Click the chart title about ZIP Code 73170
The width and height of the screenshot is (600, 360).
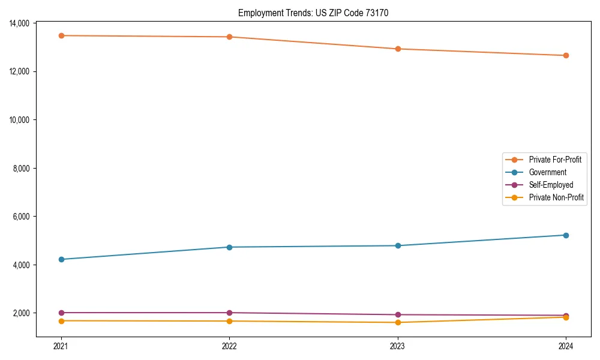[313, 13]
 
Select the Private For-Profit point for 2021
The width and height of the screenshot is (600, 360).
[61, 35]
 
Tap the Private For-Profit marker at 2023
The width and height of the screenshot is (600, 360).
[398, 49]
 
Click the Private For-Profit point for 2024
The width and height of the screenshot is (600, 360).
[566, 55]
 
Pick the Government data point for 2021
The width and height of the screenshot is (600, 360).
[61, 259]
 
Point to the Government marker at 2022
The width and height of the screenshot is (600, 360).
[229, 247]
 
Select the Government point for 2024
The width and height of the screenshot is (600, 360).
[566, 235]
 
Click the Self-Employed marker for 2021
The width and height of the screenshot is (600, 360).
[61, 313]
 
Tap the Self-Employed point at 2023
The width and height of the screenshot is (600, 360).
[398, 314]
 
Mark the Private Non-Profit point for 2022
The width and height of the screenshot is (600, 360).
[229, 321]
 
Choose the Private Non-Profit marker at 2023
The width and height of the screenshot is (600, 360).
[398, 322]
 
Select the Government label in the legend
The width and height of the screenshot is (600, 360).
[547, 172]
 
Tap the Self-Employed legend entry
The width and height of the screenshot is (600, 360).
[551, 185]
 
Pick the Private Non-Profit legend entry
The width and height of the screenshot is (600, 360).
[556, 197]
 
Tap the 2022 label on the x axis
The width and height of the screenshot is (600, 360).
[229, 346]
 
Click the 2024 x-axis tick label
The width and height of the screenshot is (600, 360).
[566, 346]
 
